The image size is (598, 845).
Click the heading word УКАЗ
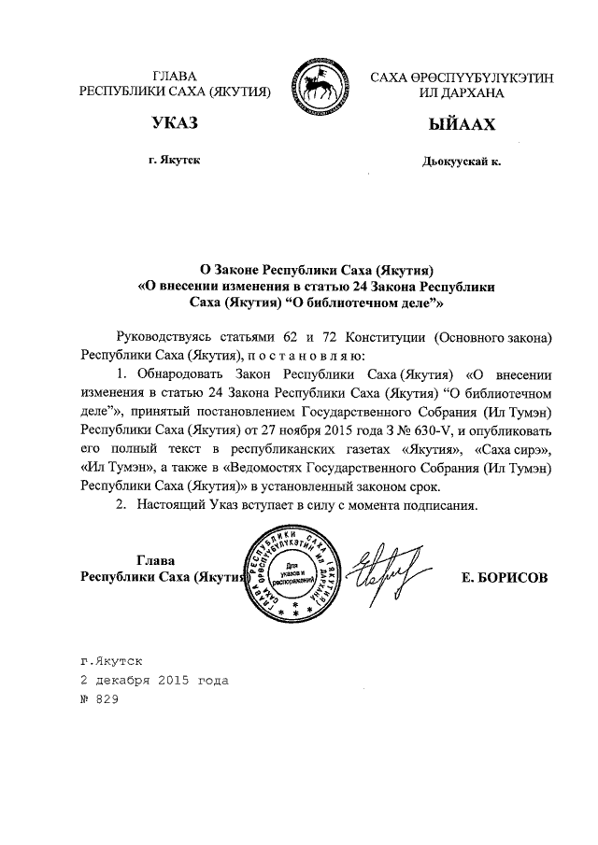click(x=175, y=125)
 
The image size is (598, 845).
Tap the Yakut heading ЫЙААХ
click(x=461, y=125)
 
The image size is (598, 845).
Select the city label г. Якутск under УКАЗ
click(x=175, y=161)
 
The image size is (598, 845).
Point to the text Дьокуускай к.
click(x=462, y=162)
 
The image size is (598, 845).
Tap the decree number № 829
click(x=101, y=698)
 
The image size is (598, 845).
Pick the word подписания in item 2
click(x=435, y=506)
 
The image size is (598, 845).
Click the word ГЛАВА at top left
click(x=174, y=77)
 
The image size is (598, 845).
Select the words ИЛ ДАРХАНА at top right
click(x=461, y=93)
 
